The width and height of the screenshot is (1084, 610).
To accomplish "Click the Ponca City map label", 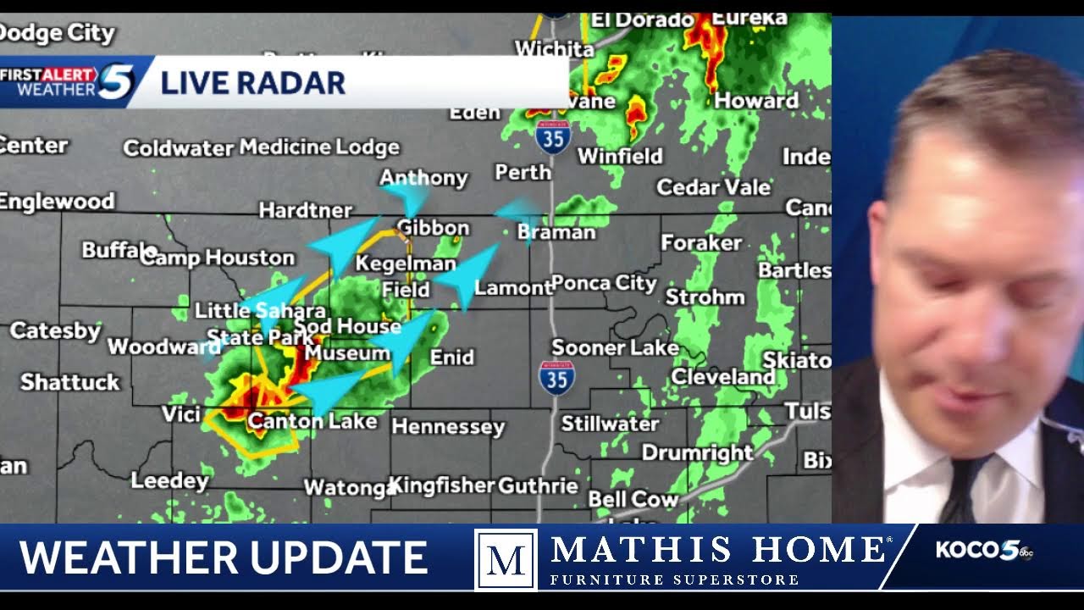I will click(604, 283).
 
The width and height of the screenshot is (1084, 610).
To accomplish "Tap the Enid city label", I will click(451, 357).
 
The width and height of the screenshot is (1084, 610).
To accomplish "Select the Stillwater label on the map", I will click(610, 423).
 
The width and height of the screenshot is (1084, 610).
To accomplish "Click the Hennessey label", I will click(448, 426).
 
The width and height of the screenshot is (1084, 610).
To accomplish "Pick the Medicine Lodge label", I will click(319, 147).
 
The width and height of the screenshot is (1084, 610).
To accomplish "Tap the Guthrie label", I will click(538, 485).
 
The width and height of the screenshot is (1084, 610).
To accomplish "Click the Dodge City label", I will click(56, 33).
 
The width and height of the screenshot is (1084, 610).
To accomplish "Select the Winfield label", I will click(620, 156).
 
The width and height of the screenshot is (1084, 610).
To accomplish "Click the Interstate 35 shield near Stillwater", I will click(556, 378).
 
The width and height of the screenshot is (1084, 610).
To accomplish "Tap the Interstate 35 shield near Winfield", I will click(553, 136).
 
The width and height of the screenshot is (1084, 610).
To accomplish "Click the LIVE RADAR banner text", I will click(252, 83).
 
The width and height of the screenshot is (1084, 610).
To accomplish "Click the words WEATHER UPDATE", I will click(223, 557).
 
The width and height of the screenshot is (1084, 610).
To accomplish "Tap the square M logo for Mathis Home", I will click(506, 559).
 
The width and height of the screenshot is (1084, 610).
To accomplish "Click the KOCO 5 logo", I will click(983, 551).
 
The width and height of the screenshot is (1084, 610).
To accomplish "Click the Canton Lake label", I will click(312, 420).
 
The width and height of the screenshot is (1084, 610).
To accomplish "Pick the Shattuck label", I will click(70, 382).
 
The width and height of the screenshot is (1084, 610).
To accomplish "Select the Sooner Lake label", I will click(615, 347).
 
